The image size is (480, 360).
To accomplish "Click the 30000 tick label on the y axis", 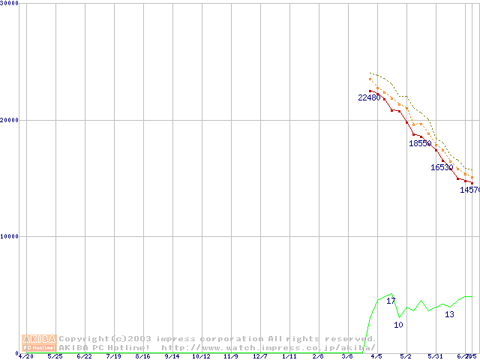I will click(x=9, y=3).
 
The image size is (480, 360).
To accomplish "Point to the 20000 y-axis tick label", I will click(x=9, y=120).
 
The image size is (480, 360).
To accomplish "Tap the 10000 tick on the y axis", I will click(x=9, y=236).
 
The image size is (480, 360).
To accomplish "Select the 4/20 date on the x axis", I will click(x=25, y=357).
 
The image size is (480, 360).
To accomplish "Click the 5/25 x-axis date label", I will click(x=55, y=357).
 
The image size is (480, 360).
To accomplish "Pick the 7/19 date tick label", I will click(x=113, y=357).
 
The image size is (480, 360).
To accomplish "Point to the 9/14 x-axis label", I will click(x=172, y=357).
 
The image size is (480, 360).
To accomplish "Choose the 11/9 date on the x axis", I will click(x=230, y=357).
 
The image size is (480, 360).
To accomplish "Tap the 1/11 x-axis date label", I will click(x=289, y=357).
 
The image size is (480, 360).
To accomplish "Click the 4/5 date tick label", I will click(x=376, y=357).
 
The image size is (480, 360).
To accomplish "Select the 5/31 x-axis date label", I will click(x=435, y=357).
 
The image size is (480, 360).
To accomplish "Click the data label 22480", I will click(x=369, y=97).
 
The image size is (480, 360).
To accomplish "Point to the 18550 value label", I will click(x=420, y=143).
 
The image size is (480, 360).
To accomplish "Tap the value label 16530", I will click(x=442, y=168).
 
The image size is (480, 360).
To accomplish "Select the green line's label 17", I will click(x=391, y=301).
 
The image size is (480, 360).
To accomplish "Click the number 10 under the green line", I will click(x=398, y=325).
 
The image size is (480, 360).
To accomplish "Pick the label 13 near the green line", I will click(x=449, y=314).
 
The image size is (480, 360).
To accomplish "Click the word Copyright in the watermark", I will click(x=84, y=339).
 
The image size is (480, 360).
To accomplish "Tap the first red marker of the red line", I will click(x=370, y=91).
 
